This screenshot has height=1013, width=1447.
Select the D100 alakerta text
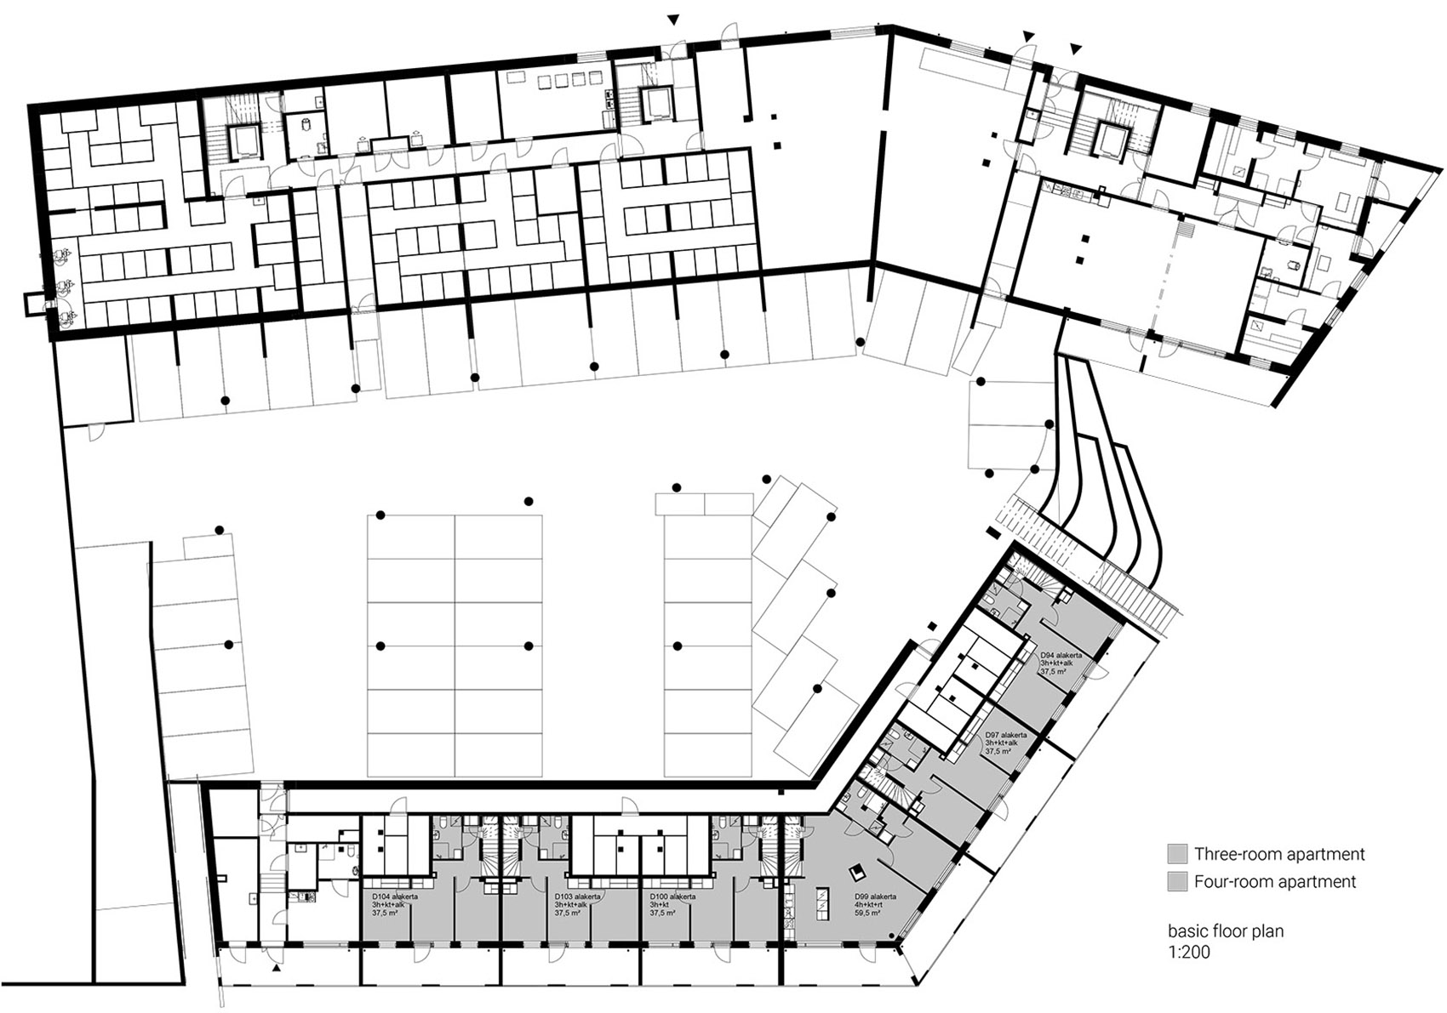tap(672, 896)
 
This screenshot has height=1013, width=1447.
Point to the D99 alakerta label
tap(875, 896)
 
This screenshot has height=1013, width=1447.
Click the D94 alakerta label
tap(1061, 655)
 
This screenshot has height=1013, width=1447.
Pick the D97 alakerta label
tap(1005, 735)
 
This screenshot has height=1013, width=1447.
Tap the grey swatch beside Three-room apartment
tap(1177, 854)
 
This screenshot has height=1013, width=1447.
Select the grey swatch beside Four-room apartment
tap(1177, 882)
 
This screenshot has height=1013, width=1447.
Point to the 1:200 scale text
tap(1188, 952)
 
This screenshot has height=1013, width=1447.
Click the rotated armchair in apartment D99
tap(858, 872)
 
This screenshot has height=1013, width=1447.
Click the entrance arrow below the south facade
tap(276, 970)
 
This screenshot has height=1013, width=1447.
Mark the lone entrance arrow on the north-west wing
tap(674, 20)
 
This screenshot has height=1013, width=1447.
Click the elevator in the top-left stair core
tap(243, 140)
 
